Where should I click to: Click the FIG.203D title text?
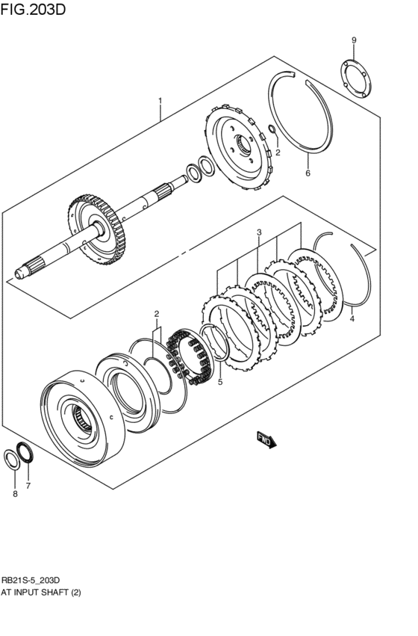tap(34, 10)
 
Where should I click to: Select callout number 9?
tap(354, 40)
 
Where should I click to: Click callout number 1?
tap(159, 99)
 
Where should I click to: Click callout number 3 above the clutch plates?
tap(258, 232)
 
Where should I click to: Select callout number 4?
tap(352, 318)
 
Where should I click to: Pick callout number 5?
tap(220, 382)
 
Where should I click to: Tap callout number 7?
tap(28, 486)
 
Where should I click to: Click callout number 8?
tap(13, 494)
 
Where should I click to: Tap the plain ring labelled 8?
tap(13, 458)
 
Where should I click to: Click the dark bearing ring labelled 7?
tap(27, 452)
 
